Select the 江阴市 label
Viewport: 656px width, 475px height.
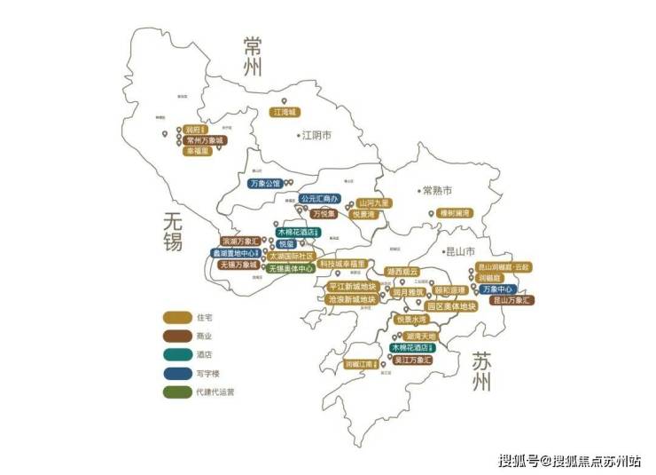point(316,136)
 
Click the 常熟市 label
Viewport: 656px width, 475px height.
point(436,191)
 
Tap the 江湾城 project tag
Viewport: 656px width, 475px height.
point(286,113)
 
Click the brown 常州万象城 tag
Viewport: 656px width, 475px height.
point(206,140)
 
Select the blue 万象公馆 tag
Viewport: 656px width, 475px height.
point(264,184)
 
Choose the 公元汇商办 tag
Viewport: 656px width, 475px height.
point(320,199)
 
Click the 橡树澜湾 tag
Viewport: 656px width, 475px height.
point(455,213)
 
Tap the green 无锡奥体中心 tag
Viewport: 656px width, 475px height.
point(291,268)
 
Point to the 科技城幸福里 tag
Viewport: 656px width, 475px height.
point(342,264)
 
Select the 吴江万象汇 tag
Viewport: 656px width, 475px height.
point(410,361)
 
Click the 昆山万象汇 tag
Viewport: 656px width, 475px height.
point(512,300)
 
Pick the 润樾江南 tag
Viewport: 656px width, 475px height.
point(363,363)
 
